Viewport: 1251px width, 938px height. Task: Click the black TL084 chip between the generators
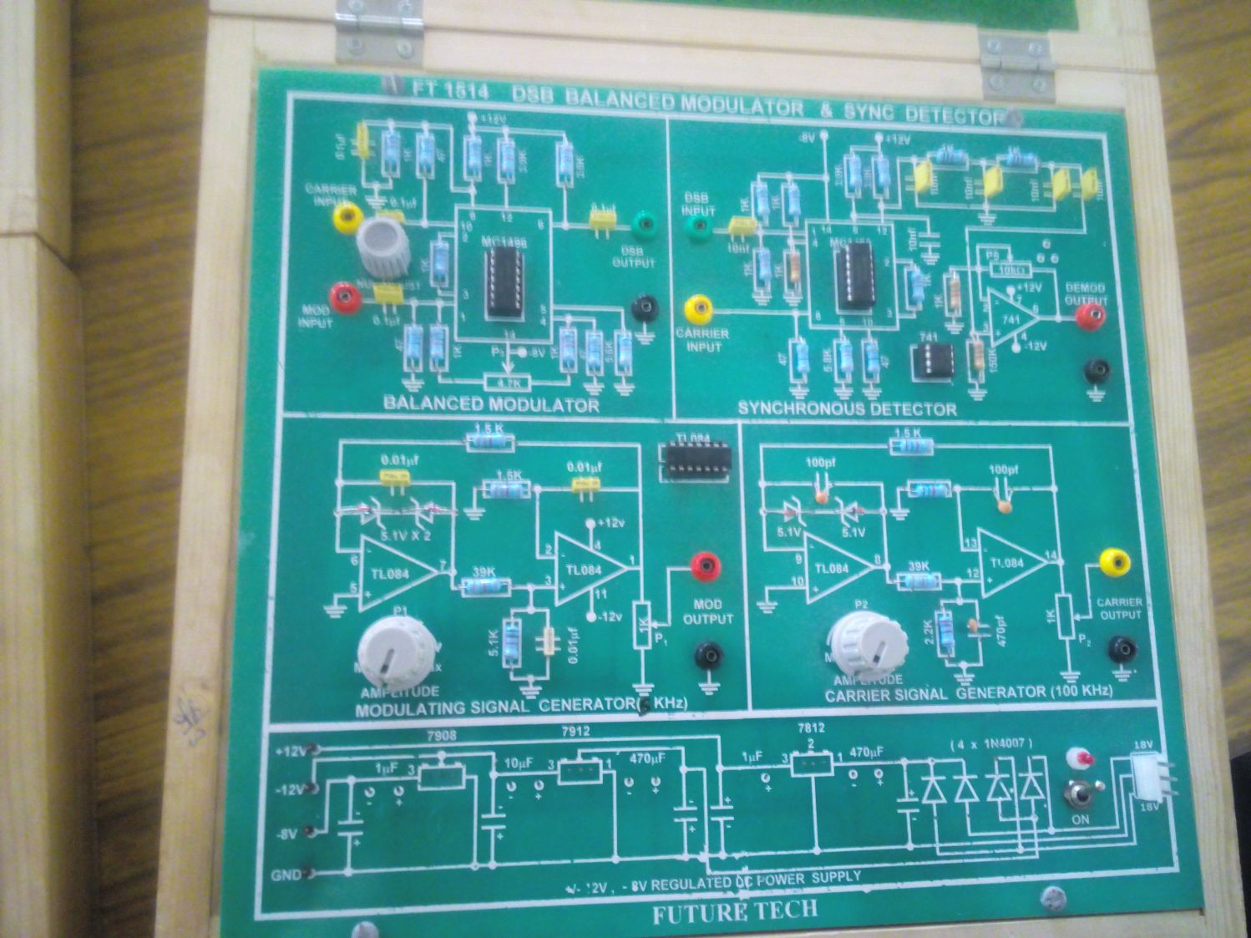point(695,459)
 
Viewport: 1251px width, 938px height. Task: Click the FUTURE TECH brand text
point(734,910)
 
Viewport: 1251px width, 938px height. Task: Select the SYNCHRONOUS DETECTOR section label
point(846,408)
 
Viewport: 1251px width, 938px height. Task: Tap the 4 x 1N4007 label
point(991,743)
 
